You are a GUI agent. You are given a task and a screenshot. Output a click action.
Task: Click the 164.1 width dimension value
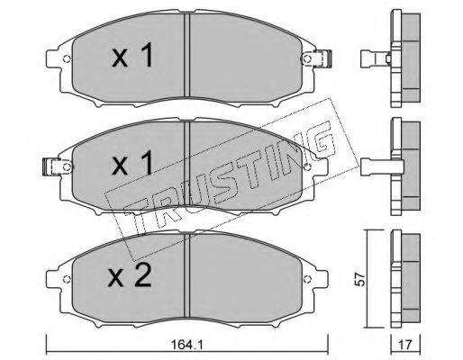point(187,345)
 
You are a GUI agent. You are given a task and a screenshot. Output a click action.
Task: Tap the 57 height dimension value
point(360,279)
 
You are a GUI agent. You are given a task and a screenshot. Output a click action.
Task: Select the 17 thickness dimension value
point(405,345)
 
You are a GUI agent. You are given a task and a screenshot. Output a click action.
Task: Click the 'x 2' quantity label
point(130,277)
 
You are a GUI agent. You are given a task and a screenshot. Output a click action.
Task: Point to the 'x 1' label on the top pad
point(132,55)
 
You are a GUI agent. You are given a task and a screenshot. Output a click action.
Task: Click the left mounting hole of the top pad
point(67,59)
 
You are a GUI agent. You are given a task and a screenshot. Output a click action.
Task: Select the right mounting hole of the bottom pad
point(306,279)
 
